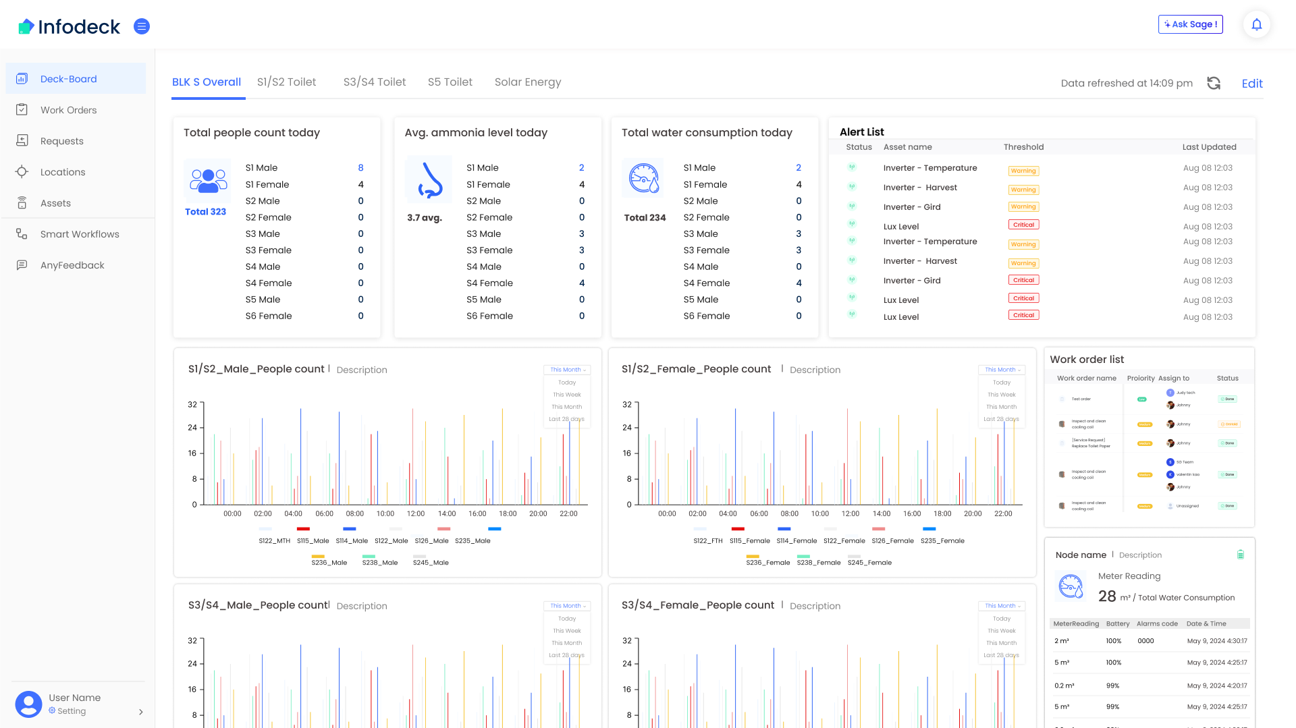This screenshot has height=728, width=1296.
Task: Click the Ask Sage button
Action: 1190,24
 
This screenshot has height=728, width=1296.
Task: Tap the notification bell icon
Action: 1256,25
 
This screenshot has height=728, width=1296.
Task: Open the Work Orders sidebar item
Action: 68,110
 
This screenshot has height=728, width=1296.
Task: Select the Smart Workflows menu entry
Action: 80,234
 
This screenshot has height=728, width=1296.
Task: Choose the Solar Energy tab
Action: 527,82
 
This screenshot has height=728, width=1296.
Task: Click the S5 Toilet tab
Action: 450,82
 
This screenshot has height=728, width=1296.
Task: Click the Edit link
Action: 1251,84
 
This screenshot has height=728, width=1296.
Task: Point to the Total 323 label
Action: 205,212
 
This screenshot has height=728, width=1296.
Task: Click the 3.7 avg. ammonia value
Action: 424,218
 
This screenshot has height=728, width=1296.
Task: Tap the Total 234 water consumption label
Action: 645,218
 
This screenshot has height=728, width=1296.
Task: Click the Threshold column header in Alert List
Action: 1023,147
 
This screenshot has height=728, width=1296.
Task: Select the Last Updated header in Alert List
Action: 1209,147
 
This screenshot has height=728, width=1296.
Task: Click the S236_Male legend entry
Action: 329,562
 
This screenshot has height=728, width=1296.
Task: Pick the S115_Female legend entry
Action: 749,540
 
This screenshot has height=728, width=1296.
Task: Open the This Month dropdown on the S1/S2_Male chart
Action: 567,370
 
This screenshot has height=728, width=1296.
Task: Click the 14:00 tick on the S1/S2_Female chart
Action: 882,513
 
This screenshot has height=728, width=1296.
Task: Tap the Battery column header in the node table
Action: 1117,623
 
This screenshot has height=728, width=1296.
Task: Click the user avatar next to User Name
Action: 28,704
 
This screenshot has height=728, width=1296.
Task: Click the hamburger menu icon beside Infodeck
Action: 142,26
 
